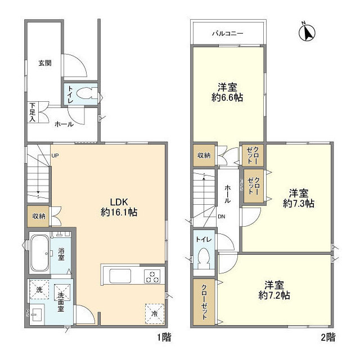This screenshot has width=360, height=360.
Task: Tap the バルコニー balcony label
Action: [227, 34]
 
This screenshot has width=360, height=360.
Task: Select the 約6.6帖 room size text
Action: [227, 97]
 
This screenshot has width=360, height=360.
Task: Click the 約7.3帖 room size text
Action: [299, 202]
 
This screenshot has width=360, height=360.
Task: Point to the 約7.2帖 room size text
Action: [275, 294]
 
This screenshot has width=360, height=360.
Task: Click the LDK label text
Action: [120, 202]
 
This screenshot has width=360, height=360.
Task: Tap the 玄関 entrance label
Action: [45, 63]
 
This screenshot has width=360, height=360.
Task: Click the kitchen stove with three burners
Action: [152, 276]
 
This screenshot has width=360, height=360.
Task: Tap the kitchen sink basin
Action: [120, 277]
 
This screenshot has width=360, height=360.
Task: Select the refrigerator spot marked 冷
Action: [154, 313]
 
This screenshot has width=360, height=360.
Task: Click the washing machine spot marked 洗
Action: [39, 289]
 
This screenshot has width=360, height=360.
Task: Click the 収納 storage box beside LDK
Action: [38, 216]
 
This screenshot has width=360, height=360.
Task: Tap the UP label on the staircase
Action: [55, 156]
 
